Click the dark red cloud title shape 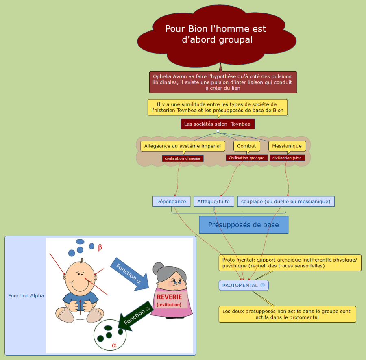[216, 35]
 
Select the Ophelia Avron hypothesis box [223, 82]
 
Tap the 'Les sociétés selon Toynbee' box [218, 124]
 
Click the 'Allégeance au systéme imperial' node [183, 146]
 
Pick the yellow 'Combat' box [246, 146]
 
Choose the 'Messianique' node [287, 146]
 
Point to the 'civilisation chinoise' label [183, 158]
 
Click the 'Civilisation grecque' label [246, 158]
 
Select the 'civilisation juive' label [287, 158]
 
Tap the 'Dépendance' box [171, 201]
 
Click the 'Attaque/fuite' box [213, 201]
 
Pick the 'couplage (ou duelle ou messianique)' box [286, 201]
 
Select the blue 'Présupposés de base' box [244, 225]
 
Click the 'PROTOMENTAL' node [240, 285]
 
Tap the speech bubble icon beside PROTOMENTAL [262, 285]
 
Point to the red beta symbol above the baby [100, 247]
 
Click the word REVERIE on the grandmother [169, 297]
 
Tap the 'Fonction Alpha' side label [26, 295]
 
